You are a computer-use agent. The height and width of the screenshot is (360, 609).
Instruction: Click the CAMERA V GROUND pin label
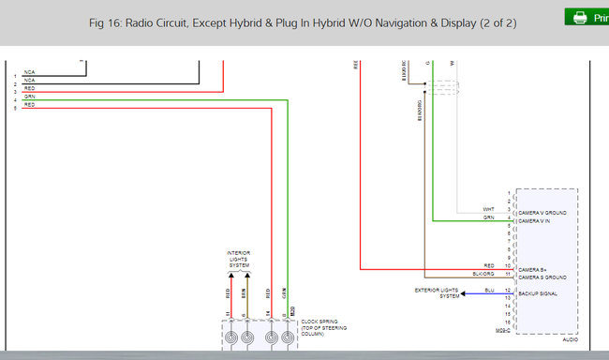(x=542, y=213)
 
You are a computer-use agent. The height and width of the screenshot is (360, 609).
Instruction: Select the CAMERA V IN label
(x=534, y=221)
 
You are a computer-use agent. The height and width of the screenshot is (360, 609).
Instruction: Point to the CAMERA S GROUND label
(x=542, y=276)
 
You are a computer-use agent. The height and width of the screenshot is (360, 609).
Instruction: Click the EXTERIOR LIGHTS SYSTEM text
(x=437, y=293)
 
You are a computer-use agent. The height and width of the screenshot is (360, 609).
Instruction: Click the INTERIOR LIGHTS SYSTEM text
(x=238, y=260)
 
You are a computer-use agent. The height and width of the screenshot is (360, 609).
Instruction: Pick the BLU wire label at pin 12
(x=488, y=291)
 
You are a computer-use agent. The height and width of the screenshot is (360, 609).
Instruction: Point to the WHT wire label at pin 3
(x=488, y=209)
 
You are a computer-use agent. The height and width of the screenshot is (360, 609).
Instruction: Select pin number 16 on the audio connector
(x=509, y=322)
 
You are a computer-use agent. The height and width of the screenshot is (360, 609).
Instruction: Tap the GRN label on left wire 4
(x=30, y=97)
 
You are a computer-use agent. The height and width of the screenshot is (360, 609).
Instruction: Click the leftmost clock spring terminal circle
(x=228, y=337)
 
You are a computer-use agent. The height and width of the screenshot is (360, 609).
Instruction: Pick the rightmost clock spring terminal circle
(x=289, y=337)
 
